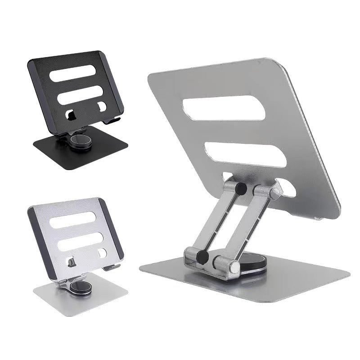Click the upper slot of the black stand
click(74, 73)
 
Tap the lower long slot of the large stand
click(245, 154)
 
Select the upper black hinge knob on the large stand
click(241, 189)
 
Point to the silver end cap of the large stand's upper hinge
click(274, 194)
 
